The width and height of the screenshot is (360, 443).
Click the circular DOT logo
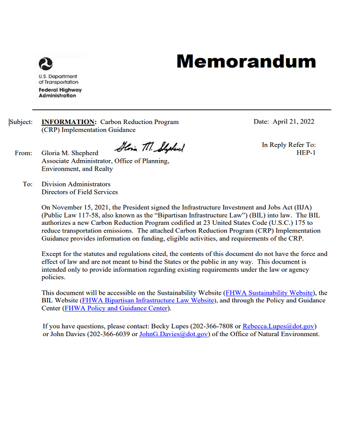pyautogui.click(x=45, y=64)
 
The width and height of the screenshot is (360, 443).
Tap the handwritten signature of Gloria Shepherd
pyautogui.click(x=151, y=147)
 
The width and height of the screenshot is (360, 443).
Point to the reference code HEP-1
pyautogui.click(x=306, y=153)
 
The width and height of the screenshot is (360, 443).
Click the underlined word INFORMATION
pyautogui.click(x=69, y=122)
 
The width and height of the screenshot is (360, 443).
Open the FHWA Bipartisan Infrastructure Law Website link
pyautogui.click(x=148, y=300)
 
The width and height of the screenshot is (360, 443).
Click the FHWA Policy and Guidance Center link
pyautogui.click(x=116, y=308)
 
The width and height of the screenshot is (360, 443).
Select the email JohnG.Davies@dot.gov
pyautogui.click(x=173, y=334)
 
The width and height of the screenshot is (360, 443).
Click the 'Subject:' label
pyautogui.click(x=21, y=122)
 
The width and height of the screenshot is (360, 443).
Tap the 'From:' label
pyautogui.click(x=23, y=153)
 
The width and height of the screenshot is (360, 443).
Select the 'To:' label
pyautogui.click(x=28, y=184)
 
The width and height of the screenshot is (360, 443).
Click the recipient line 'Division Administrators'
pyautogui.click(x=76, y=184)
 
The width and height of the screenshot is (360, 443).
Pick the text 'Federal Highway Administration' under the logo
pyautogui.click(x=60, y=92)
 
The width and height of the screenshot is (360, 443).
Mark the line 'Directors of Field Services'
pyautogui.click(x=80, y=192)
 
